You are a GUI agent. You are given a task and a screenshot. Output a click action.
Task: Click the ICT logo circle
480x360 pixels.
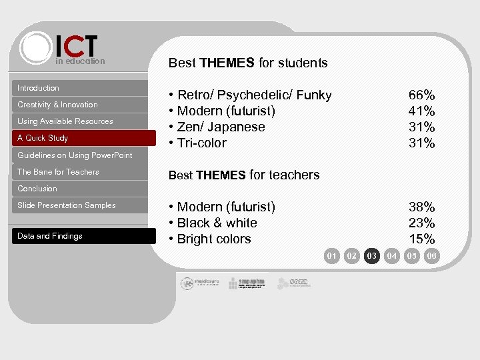(36, 47)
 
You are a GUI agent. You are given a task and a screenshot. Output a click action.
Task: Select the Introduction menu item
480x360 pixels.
(38, 88)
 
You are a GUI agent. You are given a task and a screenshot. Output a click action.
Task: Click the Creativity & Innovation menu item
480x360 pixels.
(57, 105)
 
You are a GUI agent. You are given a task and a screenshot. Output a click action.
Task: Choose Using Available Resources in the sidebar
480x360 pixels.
(65, 121)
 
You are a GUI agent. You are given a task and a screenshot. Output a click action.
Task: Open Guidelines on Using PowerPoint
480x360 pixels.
(75, 155)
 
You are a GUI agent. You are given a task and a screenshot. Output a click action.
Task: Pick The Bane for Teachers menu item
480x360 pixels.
(58, 172)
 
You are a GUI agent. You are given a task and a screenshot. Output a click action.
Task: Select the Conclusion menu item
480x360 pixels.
(37, 189)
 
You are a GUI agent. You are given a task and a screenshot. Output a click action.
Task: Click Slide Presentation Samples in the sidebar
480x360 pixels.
(67, 205)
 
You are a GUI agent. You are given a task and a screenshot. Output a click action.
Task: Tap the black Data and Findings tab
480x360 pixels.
(50, 236)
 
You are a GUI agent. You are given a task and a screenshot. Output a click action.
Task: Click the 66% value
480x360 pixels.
(421, 95)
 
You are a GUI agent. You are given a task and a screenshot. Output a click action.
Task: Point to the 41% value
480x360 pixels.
(421, 111)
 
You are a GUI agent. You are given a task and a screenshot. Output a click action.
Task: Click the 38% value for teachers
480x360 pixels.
(421, 207)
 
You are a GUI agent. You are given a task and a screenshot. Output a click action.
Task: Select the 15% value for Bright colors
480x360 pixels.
(421, 239)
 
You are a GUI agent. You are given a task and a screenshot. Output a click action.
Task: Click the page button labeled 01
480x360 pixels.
(331, 255)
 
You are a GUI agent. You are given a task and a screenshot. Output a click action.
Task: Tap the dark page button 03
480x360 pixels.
(372, 255)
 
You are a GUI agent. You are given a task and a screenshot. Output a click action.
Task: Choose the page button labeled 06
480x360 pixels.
(432, 255)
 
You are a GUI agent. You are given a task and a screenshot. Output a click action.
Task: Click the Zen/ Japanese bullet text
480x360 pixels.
(217, 127)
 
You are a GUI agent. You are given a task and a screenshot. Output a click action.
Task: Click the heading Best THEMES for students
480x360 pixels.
(248, 63)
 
